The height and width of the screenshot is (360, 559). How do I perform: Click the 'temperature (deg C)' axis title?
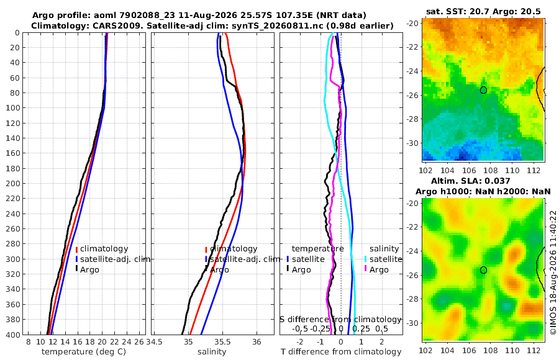(84, 352)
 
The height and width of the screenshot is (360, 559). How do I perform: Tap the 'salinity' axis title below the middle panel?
(212, 352)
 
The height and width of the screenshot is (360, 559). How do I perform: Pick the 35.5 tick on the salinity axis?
(222, 342)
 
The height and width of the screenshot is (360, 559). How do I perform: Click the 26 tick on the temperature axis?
(139, 342)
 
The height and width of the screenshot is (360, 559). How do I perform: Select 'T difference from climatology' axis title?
(341, 352)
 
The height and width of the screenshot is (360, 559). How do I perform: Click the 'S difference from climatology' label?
(341, 320)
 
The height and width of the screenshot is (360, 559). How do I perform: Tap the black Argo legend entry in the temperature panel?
(88, 269)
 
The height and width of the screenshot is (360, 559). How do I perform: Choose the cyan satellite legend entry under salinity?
(384, 259)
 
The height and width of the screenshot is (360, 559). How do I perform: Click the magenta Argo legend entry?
(376, 269)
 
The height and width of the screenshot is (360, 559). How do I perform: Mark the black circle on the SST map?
(483, 90)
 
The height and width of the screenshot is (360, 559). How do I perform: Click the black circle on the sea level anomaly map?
(483, 270)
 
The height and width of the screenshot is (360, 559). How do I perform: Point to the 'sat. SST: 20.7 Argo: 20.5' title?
(483, 11)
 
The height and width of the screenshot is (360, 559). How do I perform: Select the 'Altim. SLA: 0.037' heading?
(471, 181)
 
